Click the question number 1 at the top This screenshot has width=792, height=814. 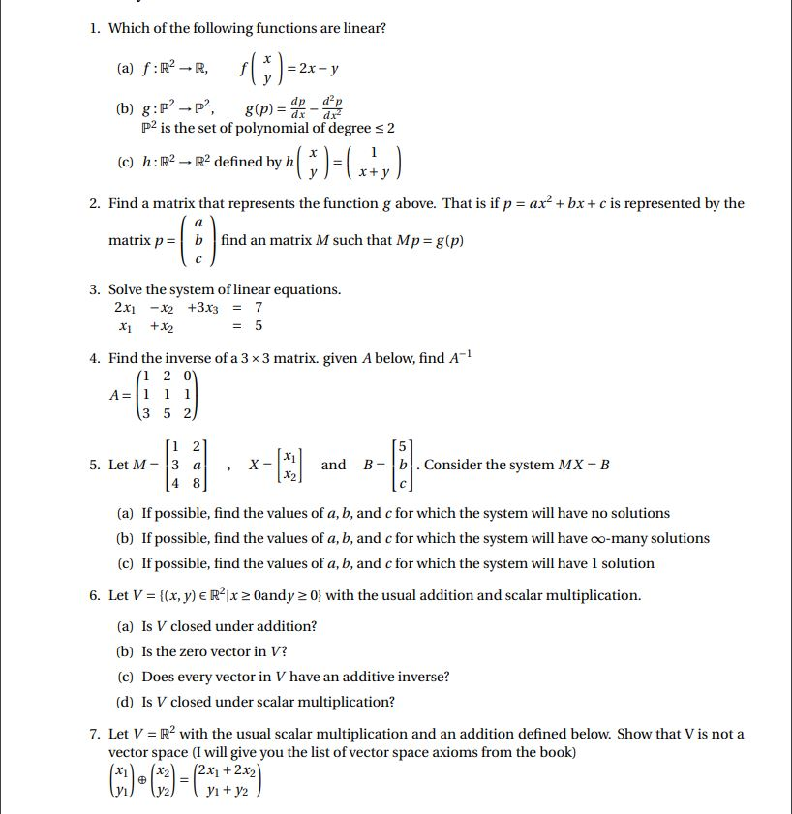94,28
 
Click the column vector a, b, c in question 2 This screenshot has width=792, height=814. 198,240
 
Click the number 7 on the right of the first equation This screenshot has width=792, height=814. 259,308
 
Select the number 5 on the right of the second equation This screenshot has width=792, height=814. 259,326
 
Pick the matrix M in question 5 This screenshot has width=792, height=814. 188,465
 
